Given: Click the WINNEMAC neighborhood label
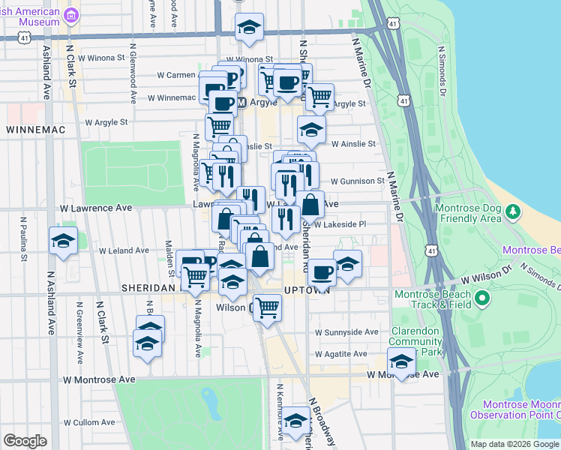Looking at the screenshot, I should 35,130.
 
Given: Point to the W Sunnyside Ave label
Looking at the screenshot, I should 346,331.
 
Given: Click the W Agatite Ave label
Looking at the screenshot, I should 341,354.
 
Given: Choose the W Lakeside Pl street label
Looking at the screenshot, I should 340,224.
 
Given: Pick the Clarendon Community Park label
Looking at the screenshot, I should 421,341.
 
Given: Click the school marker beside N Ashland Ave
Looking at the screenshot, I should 62,241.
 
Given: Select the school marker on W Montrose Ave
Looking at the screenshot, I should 402,361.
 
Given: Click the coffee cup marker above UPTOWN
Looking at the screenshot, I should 322,271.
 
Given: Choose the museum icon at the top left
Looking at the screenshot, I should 72,16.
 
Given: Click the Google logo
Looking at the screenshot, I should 25,441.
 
